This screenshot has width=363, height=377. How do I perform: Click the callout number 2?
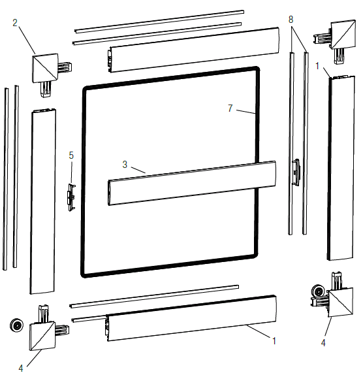click(15, 23)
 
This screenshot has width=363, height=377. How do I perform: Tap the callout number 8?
click(291, 19)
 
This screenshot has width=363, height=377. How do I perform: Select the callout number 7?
click(230, 108)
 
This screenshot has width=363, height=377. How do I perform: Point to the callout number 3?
click(125, 165)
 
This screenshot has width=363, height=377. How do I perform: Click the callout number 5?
click(71, 156)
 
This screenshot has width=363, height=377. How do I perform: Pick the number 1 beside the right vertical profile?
click(317, 65)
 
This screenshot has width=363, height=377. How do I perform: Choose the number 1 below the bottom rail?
click(274, 340)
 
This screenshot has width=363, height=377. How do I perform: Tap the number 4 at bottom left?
click(21, 368)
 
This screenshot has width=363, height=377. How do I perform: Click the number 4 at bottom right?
click(323, 343)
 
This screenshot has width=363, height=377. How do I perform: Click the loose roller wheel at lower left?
click(17, 325)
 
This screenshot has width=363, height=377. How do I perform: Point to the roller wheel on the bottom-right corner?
click(319, 292)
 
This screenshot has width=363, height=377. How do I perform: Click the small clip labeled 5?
click(71, 197)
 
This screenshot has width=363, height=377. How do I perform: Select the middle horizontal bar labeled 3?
click(192, 183)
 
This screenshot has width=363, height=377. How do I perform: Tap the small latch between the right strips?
click(296, 172)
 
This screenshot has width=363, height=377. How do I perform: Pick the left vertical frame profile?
click(43, 201)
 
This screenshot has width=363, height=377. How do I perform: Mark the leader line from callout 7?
click(245, 112)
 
